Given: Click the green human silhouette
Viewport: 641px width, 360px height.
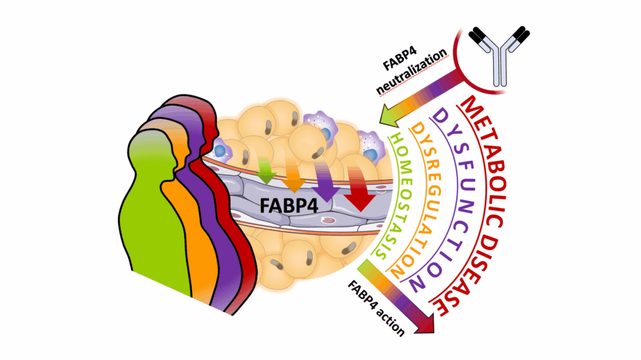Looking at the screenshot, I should click(150, 225).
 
